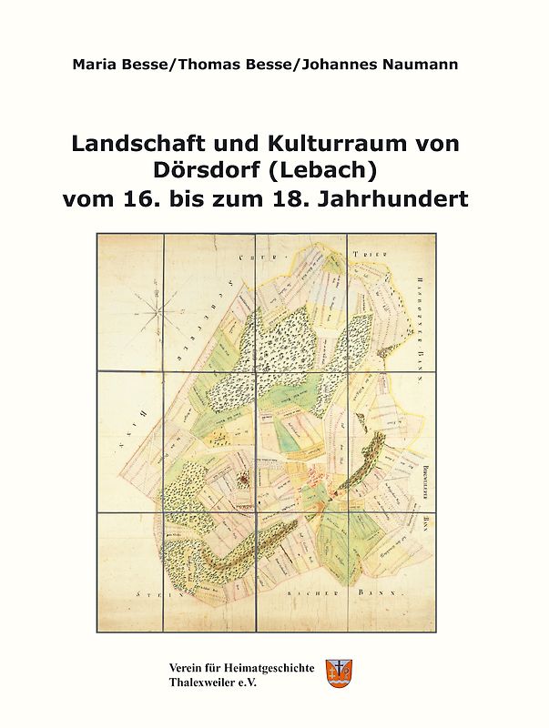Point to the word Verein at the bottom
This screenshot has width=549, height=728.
click(x=188, y=667)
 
